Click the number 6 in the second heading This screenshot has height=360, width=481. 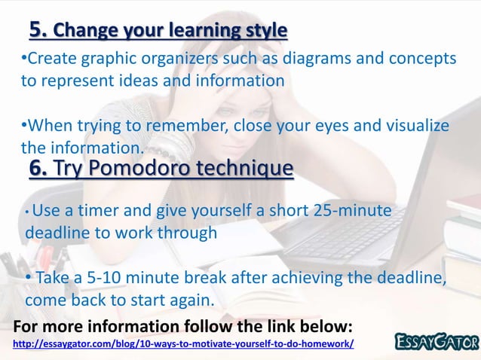[x=38, y=167]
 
